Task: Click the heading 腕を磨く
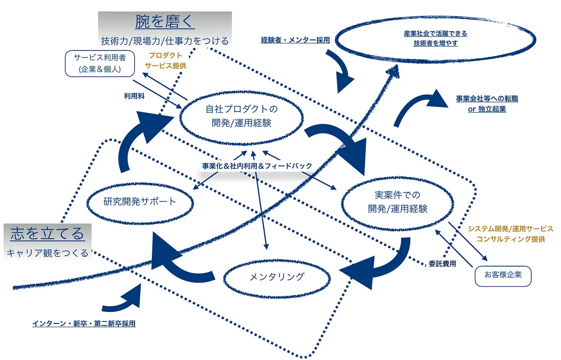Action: click(165, 22)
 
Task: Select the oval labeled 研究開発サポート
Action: click(140, 202)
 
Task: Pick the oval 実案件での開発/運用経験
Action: click(397, 202)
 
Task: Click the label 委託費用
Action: click(442, 264)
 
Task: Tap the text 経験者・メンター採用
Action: click(295, 40)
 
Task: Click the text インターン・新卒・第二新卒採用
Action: click(84, 323)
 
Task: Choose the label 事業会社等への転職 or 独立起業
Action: click(487, 104)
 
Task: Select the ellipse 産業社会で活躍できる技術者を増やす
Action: click(435, 38)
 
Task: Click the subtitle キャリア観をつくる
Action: click(47, 253)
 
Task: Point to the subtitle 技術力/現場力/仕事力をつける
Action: click(165, 41)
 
